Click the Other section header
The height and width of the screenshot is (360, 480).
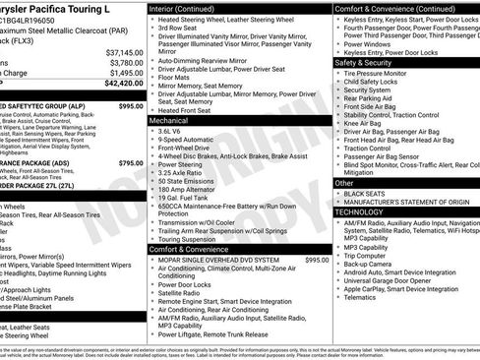[344, 183]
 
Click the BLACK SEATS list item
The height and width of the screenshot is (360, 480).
[364, 194]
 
